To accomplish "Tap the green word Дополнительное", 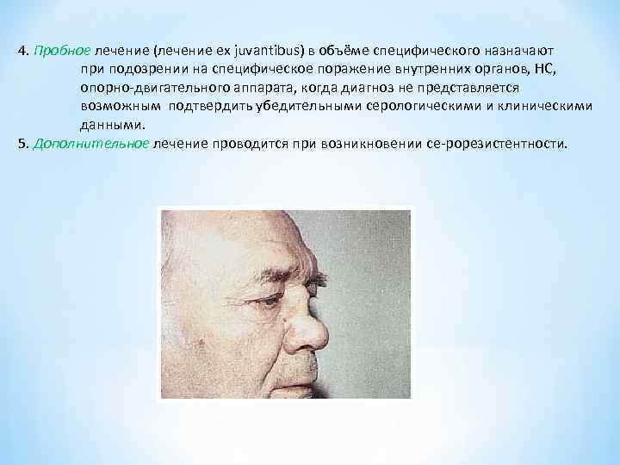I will pyautogui.click(x=91, y=144).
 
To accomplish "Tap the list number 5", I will pyautogui.click(x=21, y=144).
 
